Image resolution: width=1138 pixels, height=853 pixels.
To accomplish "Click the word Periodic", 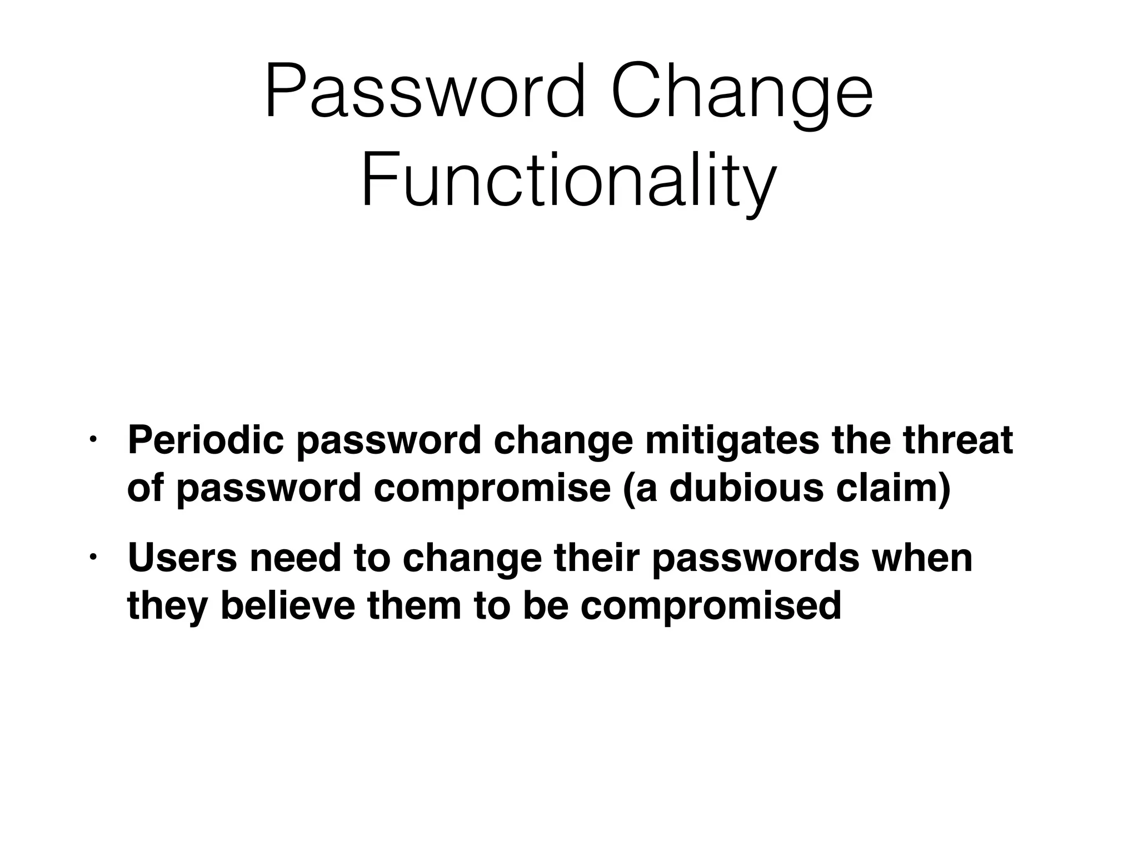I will click(x=205, y=440).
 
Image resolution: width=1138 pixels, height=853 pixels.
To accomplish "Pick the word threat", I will click(x=957, y=440).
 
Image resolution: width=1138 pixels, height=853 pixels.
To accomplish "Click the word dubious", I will click(x=746, y=488).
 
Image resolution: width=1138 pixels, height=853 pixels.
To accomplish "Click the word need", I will click(x=295, y=558).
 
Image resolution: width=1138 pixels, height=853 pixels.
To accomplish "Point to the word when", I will click(x=922, y=558).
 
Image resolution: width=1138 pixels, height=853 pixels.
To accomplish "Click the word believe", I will click(x=287, y=606).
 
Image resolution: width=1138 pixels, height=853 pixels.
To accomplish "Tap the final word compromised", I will click(x=711, y=607).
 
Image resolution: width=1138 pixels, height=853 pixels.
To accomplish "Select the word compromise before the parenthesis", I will click(x=492, y=489).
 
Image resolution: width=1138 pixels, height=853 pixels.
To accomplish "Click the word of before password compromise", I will click(x=145, y=488).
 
